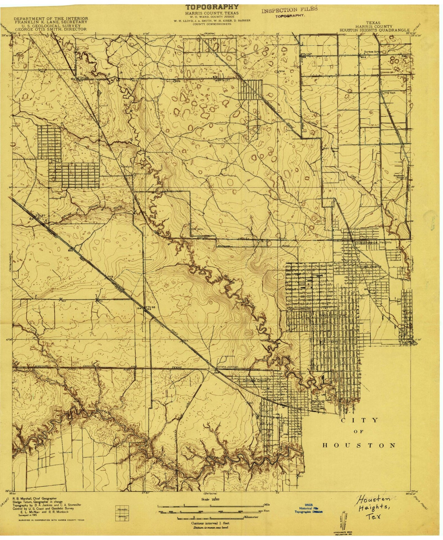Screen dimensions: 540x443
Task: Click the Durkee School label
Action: click(x=373, y=52)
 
